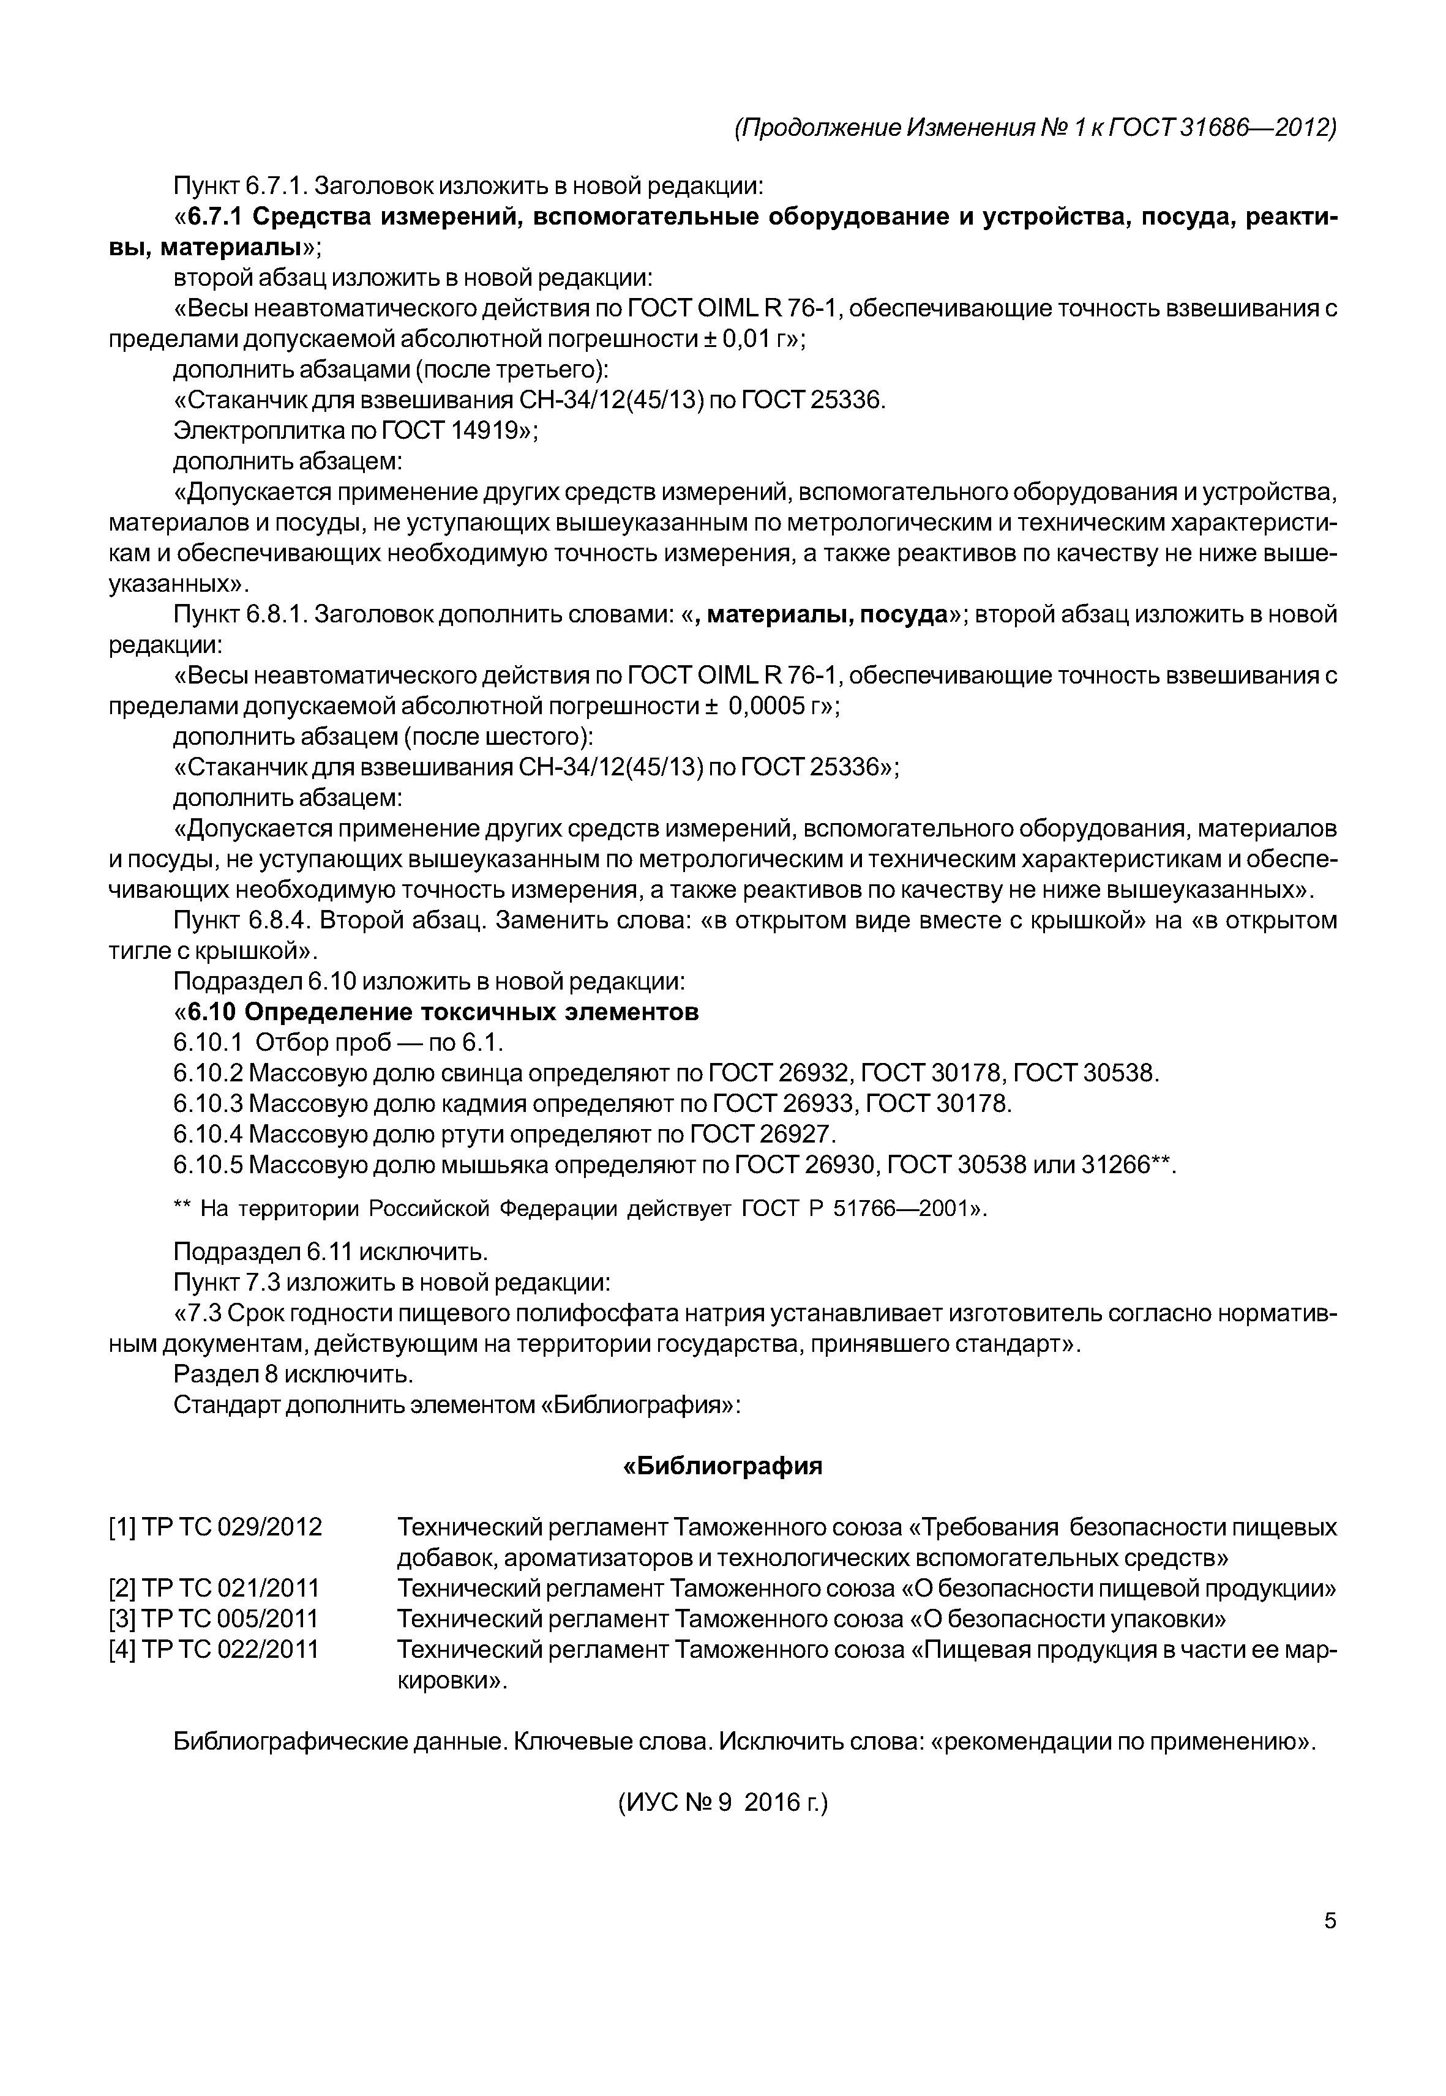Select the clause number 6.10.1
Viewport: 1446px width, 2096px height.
point(208,1043)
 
